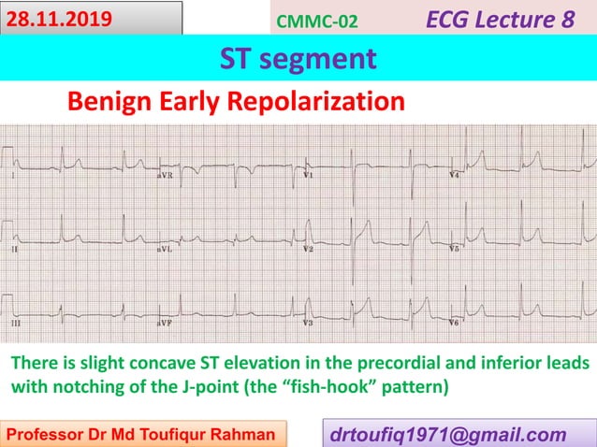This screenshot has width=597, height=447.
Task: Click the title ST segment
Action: [x=298, y=59]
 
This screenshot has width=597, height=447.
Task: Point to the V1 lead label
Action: [x=308, y=175]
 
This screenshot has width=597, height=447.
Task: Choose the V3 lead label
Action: [x=308, y=322]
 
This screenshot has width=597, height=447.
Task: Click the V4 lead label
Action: [x=455, y=175]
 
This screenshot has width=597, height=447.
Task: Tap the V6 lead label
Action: [x=455, y=322]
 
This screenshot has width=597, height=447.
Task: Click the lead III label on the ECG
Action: [x=15, y=322]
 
